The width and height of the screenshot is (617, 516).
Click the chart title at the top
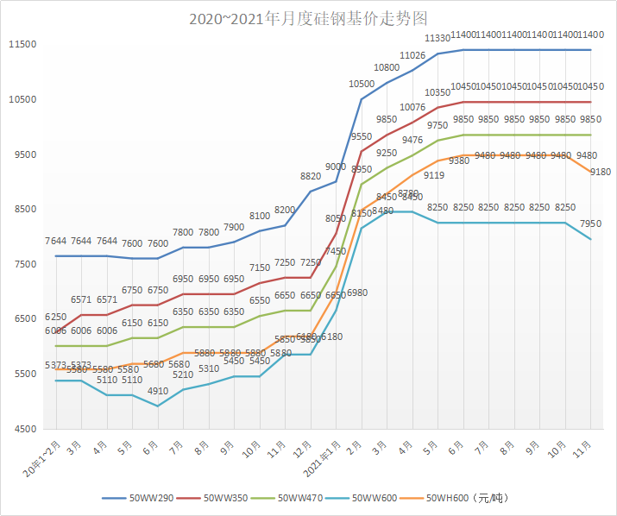308,18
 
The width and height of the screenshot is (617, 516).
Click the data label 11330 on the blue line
438,39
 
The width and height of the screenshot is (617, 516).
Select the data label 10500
362,84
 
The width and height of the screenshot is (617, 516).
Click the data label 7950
591,224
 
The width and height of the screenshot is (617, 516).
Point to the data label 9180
600,172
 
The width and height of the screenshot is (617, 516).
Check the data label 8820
311,176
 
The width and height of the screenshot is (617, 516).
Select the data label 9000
336,167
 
